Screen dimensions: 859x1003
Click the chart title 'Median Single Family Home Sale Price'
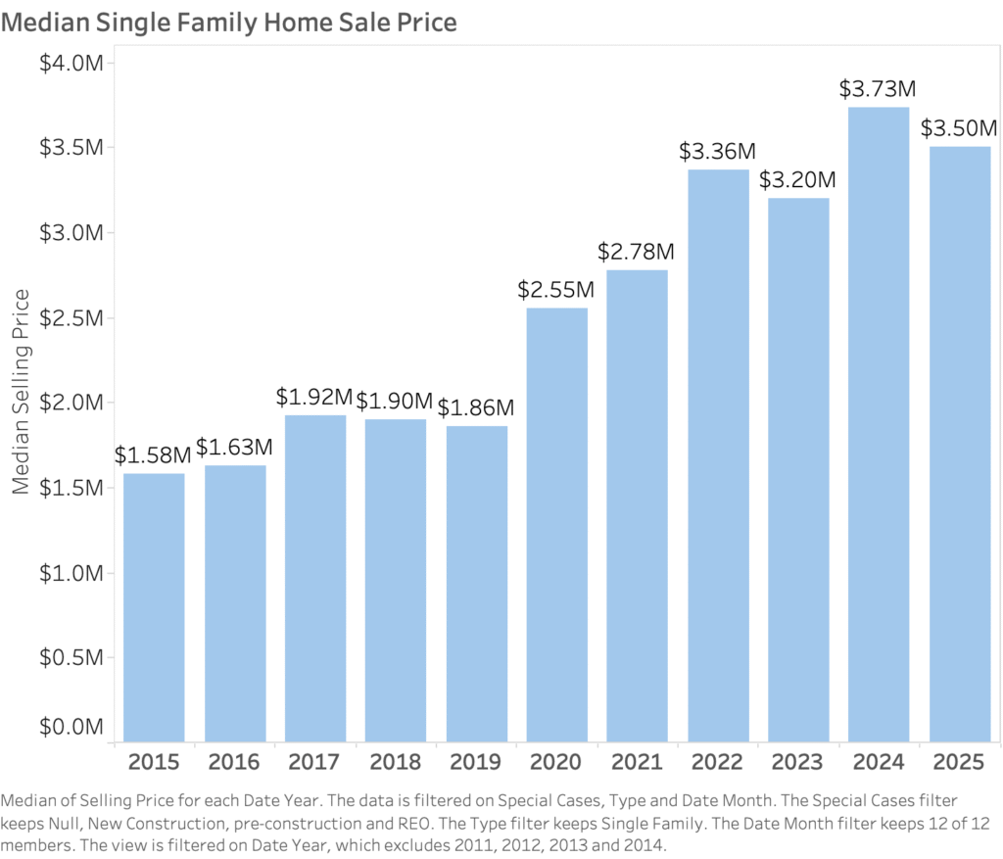coord(229,22)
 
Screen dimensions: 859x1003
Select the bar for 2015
coord(154,607)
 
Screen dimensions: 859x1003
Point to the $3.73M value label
coord(878,88)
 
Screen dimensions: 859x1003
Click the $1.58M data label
coord(153,454)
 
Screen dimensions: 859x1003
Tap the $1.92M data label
coord(313,397)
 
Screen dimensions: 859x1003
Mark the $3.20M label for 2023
coord(797,179)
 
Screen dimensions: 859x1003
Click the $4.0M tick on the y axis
coord(72,63)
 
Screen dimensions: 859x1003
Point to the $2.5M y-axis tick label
coord(72,317)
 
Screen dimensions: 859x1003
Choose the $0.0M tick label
coord(72,728)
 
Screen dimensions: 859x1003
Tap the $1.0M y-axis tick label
coord(72,573)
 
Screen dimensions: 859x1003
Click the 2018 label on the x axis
coord(395,761)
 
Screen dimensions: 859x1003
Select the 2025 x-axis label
coord(959,761)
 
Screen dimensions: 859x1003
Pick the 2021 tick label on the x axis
coord(637,761)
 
